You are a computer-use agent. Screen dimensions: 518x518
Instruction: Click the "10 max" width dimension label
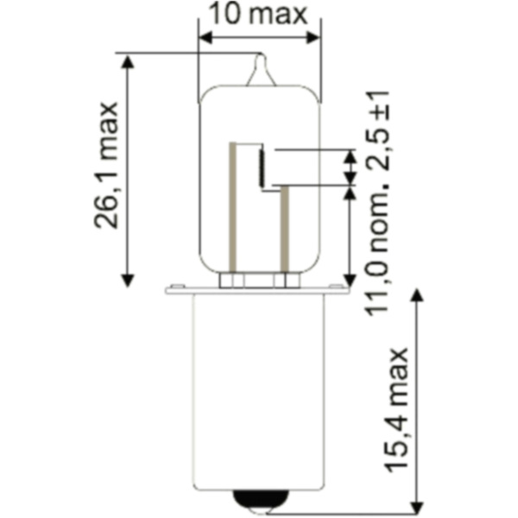point(258,15)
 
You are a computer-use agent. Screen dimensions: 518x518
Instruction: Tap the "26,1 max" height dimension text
point(106,165)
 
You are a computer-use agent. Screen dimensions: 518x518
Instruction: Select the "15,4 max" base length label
point(397,410)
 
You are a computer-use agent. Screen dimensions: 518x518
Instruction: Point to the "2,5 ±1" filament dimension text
point(377,131)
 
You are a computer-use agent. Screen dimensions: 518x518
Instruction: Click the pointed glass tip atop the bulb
point(262,69)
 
